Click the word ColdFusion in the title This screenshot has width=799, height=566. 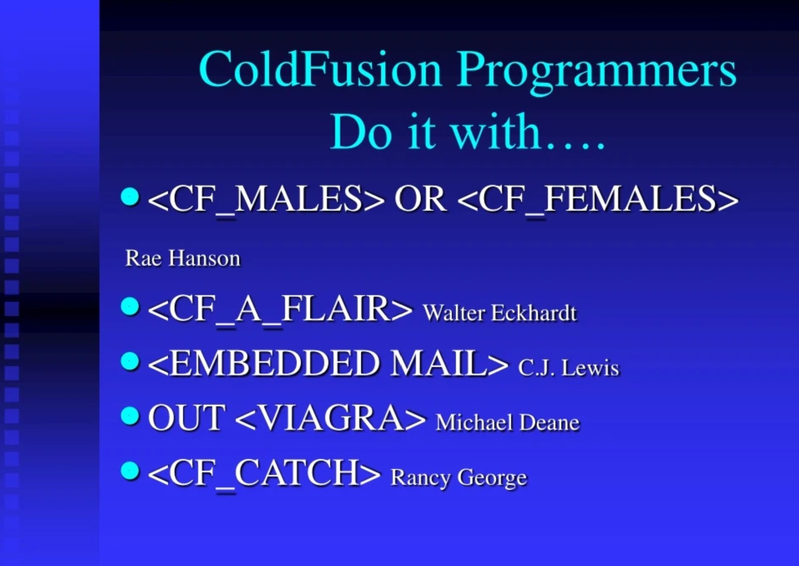(320, 69)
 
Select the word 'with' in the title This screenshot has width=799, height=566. (496, 131)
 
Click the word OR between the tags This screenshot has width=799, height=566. (420, 199)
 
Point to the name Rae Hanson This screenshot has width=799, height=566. (183, 258)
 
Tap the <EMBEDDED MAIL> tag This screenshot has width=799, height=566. (328, 363)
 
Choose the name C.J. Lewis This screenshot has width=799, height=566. (568, 367)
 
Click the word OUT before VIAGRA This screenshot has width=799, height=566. (187, 417)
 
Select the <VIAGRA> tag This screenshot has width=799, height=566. (331, 418)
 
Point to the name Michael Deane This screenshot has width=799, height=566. (508, 422)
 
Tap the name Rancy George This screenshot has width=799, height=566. (459, 478)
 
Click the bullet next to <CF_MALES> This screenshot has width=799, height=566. (130, 196)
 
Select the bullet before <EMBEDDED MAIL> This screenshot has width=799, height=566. (130, 361)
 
